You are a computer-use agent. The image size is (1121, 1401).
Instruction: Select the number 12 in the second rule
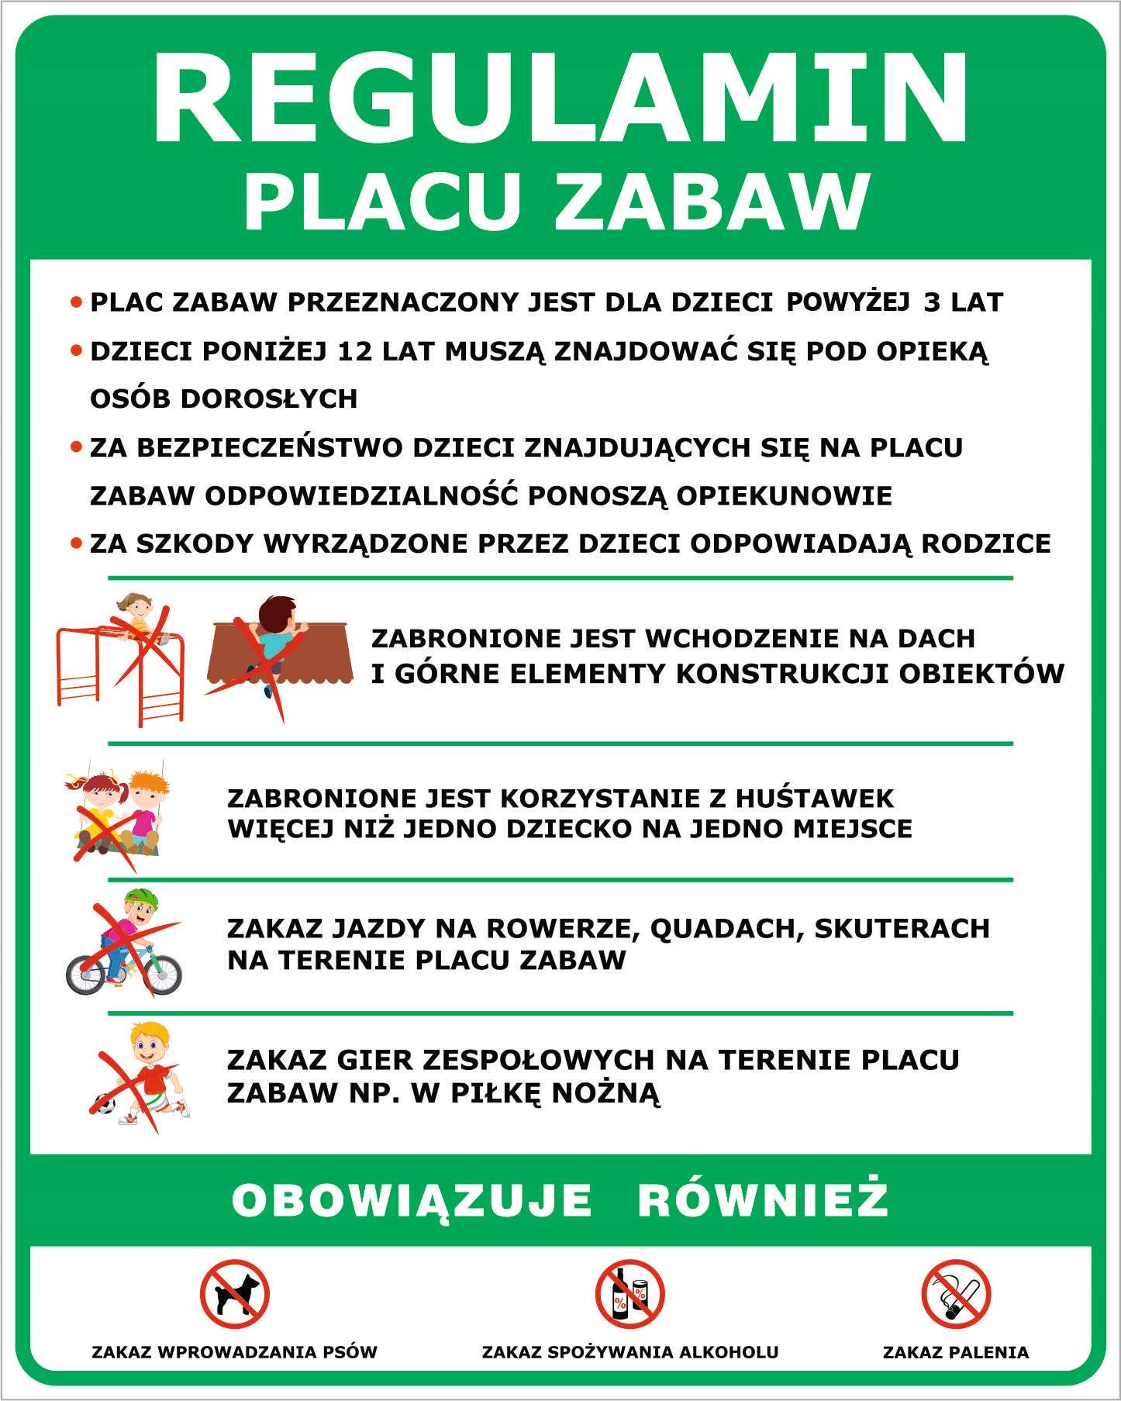(x=355, y=351)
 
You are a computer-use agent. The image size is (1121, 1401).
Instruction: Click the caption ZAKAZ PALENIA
(x=956, y=1353)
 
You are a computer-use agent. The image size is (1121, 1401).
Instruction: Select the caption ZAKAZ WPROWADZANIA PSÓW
(x=234, y=1353)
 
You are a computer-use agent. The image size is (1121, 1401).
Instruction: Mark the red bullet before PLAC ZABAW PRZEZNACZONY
(x=76, y=302)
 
